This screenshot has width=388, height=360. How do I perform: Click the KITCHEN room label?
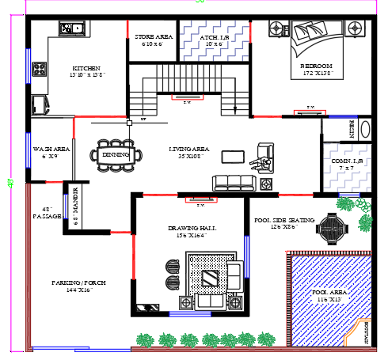point(86,68)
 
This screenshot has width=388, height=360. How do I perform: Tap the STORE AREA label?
point(153,37)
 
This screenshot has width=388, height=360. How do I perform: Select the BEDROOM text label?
point(316,66)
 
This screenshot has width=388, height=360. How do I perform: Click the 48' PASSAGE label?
point(47,211)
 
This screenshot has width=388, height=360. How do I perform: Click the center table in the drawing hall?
point(211,278)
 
